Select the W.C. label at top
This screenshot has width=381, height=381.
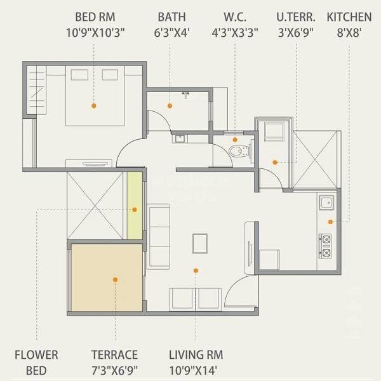coord(235,16)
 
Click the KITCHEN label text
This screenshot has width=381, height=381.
coord(349,16)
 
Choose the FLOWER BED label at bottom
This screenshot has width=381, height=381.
coord(36,361)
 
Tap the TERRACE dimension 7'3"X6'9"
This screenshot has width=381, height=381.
coord(114,370)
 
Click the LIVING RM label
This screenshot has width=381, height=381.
coord(196,355)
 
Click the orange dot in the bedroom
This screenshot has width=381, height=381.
coord(93,106)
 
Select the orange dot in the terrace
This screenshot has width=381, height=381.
coord(115,278)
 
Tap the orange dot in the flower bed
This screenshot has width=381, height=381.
coord(134,209)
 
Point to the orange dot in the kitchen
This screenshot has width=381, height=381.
coord(330,221)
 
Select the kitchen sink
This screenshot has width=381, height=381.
coord(326,204)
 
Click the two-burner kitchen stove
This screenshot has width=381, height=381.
coord(326,246)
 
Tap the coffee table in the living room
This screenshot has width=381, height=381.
coord(200,243)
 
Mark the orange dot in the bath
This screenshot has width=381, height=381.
coord(170,106)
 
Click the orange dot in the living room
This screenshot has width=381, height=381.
coord(196,271)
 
